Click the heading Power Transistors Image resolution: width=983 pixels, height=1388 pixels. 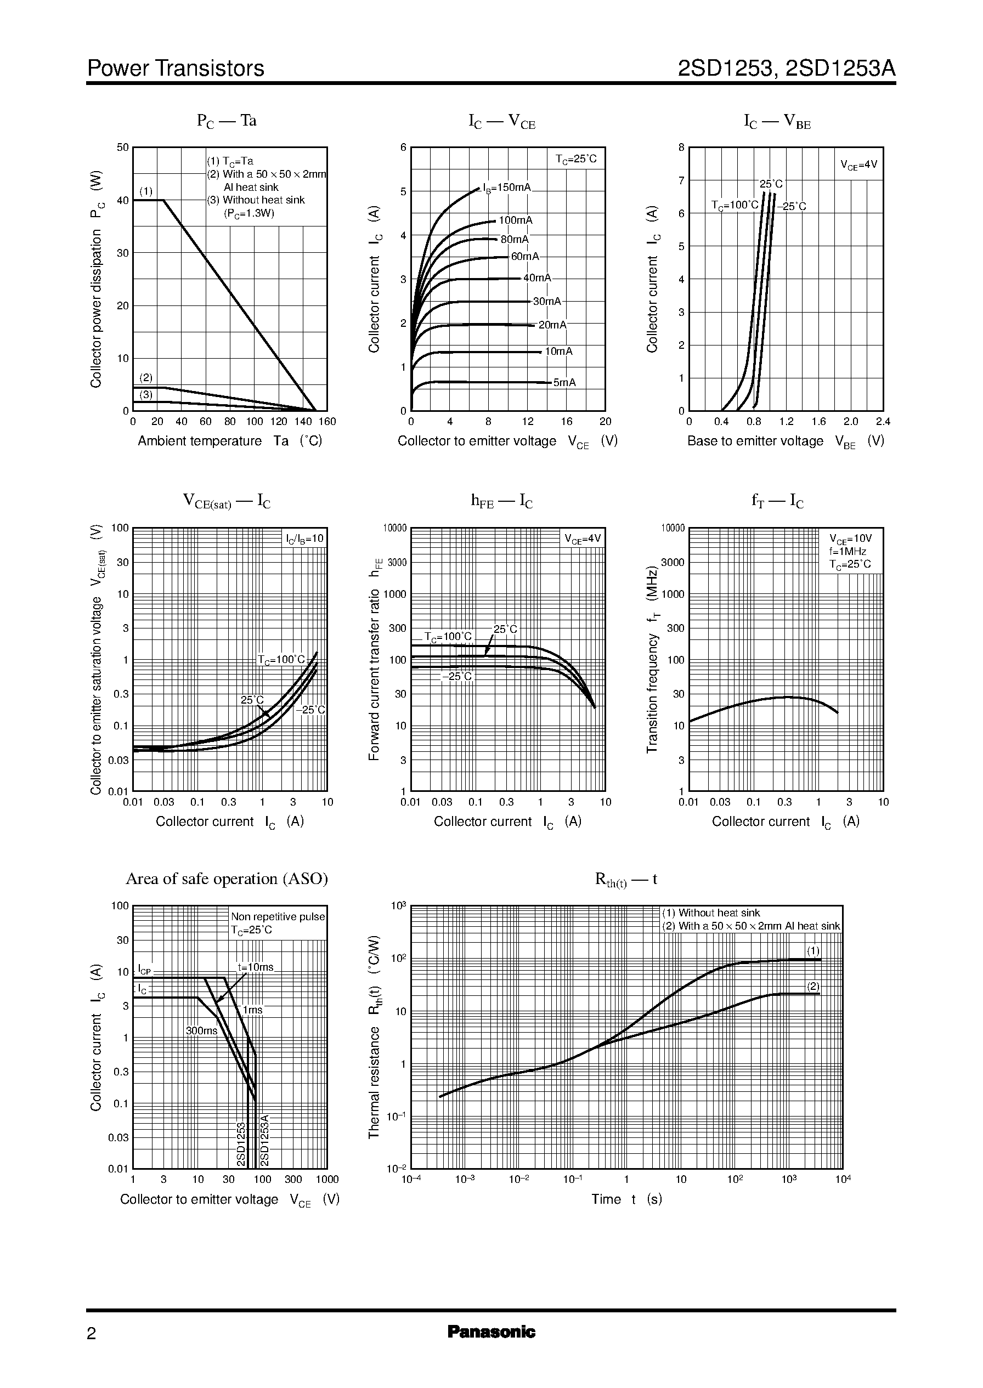pos(176,69)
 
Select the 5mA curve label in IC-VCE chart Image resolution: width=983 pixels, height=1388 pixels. pos(564,382)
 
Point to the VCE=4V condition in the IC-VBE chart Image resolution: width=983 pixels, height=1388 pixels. pos(858,164)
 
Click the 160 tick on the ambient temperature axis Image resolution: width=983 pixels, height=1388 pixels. pos(327,422)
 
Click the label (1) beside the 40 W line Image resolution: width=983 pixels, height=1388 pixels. pos(146,191)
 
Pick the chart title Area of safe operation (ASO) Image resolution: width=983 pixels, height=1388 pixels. pos(227,879)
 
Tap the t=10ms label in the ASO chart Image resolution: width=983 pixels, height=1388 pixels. pos(256,967)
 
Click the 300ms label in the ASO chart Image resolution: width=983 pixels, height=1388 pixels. pos(201,1030)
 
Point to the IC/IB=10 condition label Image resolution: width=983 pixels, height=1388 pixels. pos(305,539)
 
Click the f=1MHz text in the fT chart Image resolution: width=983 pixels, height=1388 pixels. pos(848,551)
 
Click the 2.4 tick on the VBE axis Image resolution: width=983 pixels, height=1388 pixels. pos(883,422)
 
